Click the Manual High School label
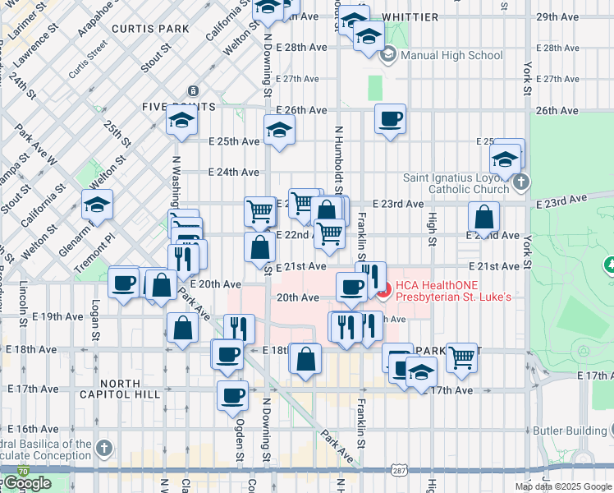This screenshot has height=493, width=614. point(451,56)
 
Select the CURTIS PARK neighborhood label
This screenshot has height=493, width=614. point(141,28)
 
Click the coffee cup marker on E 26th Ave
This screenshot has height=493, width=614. point(391,118)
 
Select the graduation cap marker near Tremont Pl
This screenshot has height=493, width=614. point(97,205)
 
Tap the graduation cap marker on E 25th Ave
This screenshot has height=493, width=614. point(279,131)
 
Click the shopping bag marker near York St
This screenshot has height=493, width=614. point(484,218)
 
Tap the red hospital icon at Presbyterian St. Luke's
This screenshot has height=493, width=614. point(384,289)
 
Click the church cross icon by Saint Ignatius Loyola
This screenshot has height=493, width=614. point(520,183)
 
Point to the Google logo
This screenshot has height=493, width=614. point(26,483)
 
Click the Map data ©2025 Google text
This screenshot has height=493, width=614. point(563,486)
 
